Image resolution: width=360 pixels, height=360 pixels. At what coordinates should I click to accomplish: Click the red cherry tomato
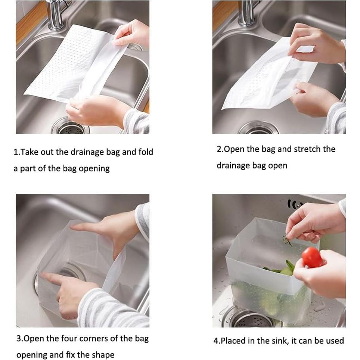click(x=312, y=257)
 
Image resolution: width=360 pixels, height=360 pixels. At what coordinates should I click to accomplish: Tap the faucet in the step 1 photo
click(x=55, y=15)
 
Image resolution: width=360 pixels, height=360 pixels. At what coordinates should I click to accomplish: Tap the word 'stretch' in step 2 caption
click(x=307, y=149)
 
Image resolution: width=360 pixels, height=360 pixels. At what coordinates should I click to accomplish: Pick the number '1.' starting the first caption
click(x=17, y=152)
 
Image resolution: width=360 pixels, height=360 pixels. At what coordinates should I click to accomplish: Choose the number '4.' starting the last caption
click(x=217, y=341)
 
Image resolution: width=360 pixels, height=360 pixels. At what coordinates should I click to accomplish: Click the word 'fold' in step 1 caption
click(x=146, y=152)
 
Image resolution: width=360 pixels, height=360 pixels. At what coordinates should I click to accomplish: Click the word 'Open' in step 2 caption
click(x=234, y=149)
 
